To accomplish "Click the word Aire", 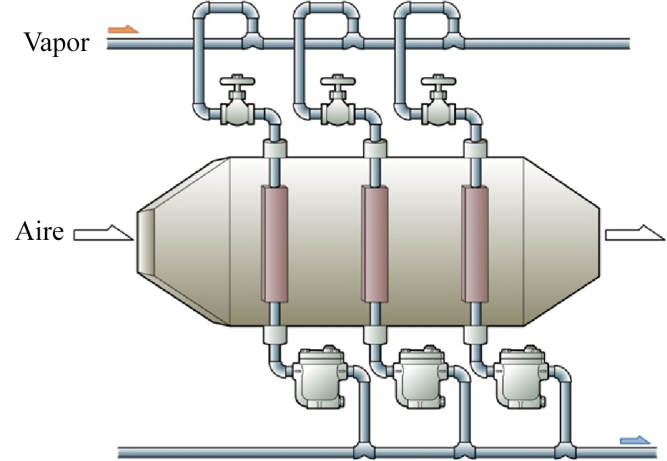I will (x=40, y=233).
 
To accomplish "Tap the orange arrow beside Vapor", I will (x=124, y=29).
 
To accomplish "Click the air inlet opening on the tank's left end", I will (x=146, y=241).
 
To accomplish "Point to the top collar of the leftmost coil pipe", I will (x=274, y=149).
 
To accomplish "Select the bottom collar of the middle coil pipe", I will (x=375, y=336).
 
